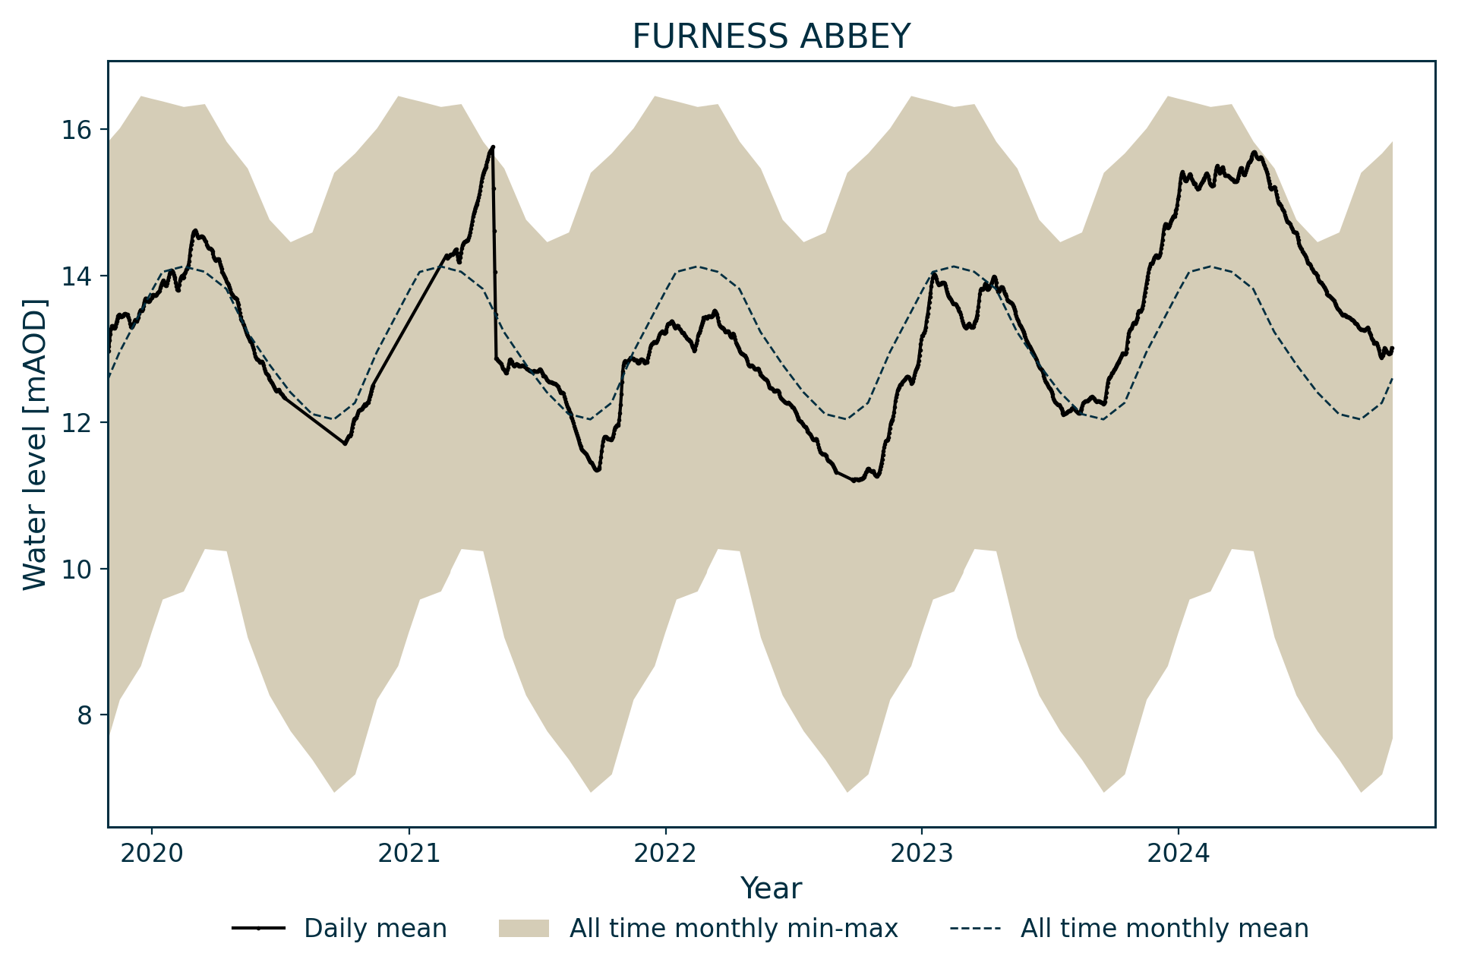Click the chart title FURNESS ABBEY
tap(771, 36)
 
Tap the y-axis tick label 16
tap(74, 130)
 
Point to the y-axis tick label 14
tap(74, 276)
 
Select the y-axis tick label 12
tap(74, 423)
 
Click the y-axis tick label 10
tap(74, 570)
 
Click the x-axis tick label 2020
tap(152, 854)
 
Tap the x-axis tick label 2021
tap(409, 854)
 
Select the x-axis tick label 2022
tap(665, 854)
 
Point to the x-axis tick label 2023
tap(922, 854)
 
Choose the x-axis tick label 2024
tap(1179, 854)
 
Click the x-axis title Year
tap(771, 888)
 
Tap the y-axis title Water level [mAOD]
tap(35, 444)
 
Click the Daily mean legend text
tap(375, 929)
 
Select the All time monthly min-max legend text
tap(734, 929)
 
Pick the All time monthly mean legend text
tap(1164, 929)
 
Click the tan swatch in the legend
tap(523, 929)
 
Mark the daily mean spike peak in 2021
tap(493, 147)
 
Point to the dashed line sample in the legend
tap(975, 929)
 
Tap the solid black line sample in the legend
tap(258, 929)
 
